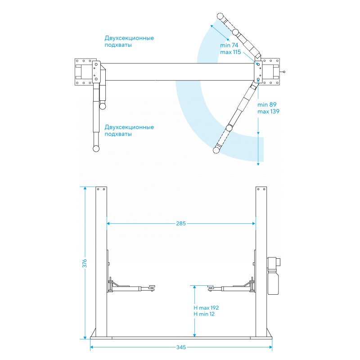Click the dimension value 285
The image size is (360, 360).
click(x=181, y=223)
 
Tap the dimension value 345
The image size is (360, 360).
click(x=181, y=347)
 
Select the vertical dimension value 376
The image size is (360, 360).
click(x=85, y=263)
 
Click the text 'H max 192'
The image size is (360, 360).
click(x=206, y=308)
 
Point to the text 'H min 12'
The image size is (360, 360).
click(x=204, y=314)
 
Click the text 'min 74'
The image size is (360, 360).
click(x=229, y=45)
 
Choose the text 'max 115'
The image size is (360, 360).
click(x=230, y=52)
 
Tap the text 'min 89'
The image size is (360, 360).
click(x=267, y=105)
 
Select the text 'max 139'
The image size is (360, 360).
click(x=268, y=112)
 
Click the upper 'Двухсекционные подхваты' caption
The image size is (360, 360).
click(x=129, y=41)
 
